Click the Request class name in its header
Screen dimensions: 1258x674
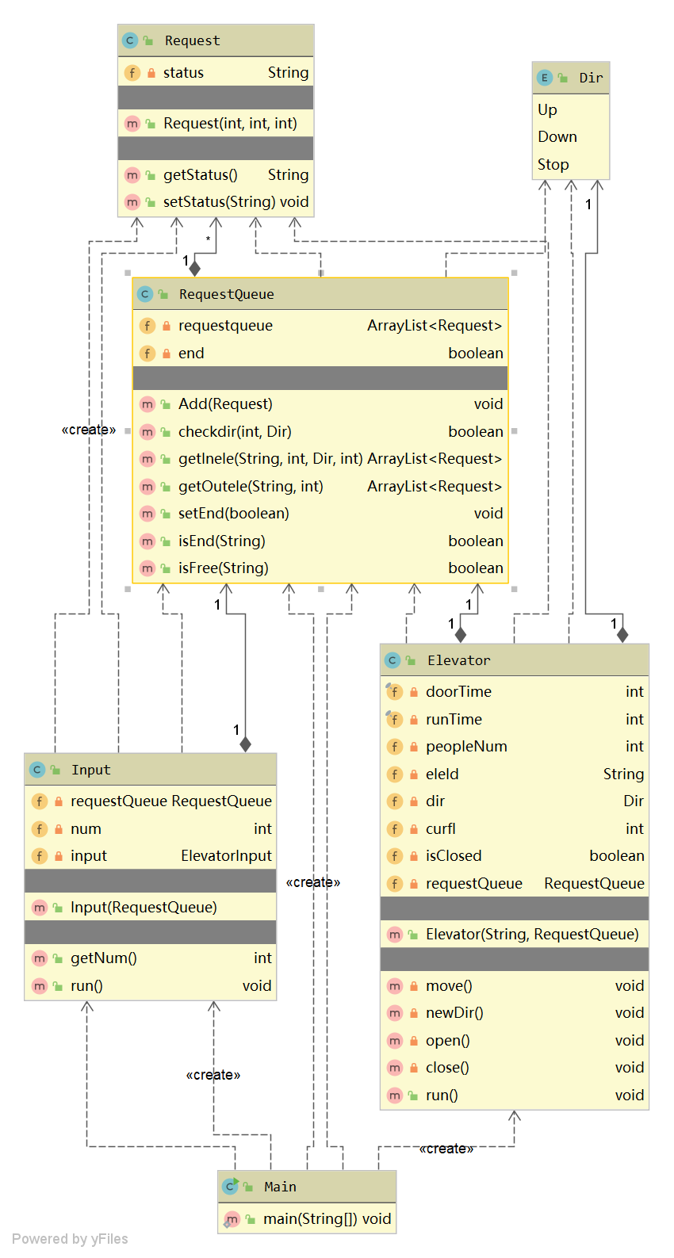tap(192, 40)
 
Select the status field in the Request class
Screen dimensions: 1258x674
tap(183, 73)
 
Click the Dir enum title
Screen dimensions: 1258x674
tap(591, 78)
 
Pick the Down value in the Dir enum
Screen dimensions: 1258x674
tap(557, 137)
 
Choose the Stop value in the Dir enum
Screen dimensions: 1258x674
tap(553, 165)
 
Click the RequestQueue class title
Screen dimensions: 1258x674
tap(226, 294)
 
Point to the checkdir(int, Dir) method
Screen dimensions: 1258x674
tap(235, 432)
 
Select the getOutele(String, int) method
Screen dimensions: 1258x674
tap(251, 487)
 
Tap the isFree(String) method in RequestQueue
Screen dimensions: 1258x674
tap(224, 568)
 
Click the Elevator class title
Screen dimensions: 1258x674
tap(458, 660)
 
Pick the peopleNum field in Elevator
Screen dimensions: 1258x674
tap(466, 747)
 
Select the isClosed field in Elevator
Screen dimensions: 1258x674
tap(454, 856)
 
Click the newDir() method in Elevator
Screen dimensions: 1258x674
tap(454, 1013)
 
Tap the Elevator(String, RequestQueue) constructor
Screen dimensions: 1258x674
tap(532, 935)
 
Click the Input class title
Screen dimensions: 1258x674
tap(90, 770)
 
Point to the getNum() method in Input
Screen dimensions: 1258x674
tap(104, 958)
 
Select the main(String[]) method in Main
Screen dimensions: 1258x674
tap(327, 1219)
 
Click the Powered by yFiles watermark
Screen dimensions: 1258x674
tap(70, 1239)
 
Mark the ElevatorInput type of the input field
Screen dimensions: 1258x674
tap(226, 856)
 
